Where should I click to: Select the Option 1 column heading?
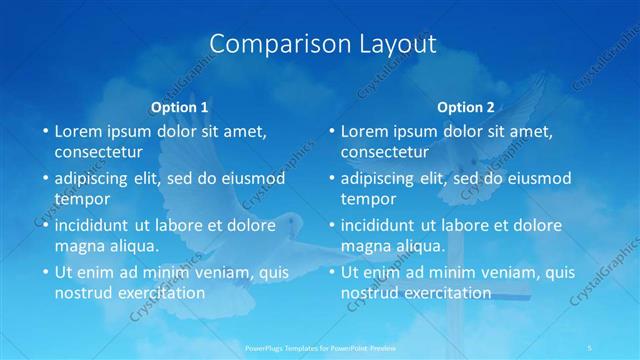(180, 107)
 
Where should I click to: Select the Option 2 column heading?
(466, 107)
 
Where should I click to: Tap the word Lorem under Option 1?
(79, 131)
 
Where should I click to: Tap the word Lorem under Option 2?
(365, 131)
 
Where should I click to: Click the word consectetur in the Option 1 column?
(99, 152)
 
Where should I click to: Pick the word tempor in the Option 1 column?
(82, 198)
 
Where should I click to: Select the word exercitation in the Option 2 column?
(445, 293)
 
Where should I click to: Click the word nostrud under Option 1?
(85, 293)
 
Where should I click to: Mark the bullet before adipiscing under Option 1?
(44, 179)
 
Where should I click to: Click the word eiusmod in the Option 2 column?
(540, 179)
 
